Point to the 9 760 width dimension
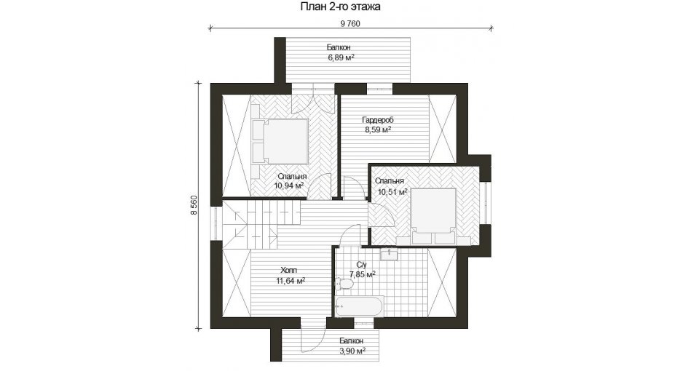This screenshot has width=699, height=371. (350, 24)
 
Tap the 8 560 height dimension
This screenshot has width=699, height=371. (194, 205)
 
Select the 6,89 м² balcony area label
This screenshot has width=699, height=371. (341, 57)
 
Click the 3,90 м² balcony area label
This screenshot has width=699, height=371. (352, 351)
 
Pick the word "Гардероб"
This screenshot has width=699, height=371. (378, 120)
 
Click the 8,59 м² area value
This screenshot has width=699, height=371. (378, 129)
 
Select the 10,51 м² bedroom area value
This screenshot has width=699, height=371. (392, 192)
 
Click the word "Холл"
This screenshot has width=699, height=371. (289, 271)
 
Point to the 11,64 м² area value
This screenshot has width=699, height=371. (291, 281)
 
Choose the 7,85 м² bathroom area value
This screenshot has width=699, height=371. (362, 274)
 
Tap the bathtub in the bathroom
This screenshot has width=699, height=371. (359, 306)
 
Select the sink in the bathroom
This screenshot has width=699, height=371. (390, 255)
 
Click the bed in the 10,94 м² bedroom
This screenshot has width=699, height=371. (280, 140)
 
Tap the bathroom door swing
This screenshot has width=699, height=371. (350, 235)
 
